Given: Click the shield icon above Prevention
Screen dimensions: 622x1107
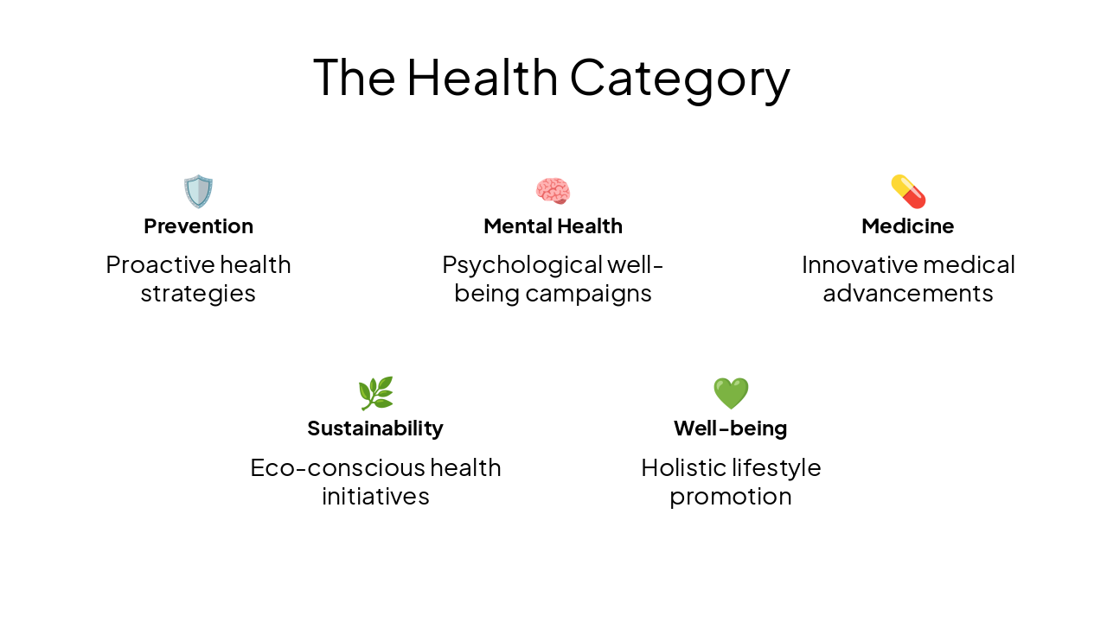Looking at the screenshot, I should point(198,191).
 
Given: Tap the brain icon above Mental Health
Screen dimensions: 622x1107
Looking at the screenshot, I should point(553,191).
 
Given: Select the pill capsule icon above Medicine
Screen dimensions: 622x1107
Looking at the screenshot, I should point(908,191).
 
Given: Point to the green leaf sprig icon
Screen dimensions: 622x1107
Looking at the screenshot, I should point(375,393).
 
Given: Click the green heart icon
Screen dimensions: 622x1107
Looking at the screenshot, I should point(731,393).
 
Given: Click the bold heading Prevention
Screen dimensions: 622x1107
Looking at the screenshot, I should point(198,226).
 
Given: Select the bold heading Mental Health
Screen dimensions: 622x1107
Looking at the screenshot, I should point(553,226).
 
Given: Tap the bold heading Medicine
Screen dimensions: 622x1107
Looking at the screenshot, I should point(908,226).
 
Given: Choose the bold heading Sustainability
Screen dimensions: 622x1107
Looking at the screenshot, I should point(375,428).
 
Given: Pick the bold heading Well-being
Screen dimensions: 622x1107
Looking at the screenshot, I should point(731,428).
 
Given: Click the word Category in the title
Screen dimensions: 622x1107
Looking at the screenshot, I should point(680,78).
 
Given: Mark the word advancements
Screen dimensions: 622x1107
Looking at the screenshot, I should point(908,294).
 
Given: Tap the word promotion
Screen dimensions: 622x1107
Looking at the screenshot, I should point(731,498).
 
